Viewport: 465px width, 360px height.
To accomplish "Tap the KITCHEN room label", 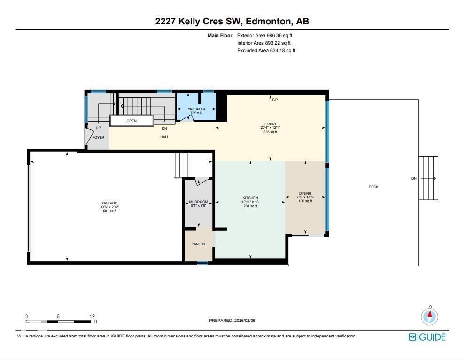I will pyautogui.click(x=250, y=198).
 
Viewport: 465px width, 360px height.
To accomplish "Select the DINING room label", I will pyautogui.click(x=305, y=193).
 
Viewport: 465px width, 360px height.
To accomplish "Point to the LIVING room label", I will pyautogui.click(x=270, y=124).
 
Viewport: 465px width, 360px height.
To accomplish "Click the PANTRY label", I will pyautogui.click(x=198, y=244).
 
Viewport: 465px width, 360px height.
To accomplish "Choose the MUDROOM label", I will pyautogui.click(x=198, y=202).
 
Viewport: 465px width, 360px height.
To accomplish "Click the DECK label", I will pyautogui.click(x=373, y=187).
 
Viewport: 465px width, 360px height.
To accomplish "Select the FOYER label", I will pyautogui.click(x=98, y=137).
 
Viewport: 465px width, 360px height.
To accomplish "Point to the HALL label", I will pyautogui.click(x=164, y=137).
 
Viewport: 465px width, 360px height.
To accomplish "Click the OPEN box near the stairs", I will pyautogui.click(x=132, y=121).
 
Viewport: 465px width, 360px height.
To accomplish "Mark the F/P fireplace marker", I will pyautogui.click(x=275, y=100).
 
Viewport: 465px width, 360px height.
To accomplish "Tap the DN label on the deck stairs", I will pyautogui.click(x=414, y=178).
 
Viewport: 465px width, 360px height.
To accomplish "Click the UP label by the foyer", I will pyautogui.click(x=98, y=128).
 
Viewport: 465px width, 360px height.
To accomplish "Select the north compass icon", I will pyautogui.click(x=430, y=316).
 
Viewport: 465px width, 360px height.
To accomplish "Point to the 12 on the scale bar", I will pyautogui.click(x=92, y=317).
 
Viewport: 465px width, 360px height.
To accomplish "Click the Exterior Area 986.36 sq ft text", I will pyautogui.click(x=267, y=35).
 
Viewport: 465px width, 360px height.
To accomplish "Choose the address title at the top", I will pyautogui.click(x=232, y=21).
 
